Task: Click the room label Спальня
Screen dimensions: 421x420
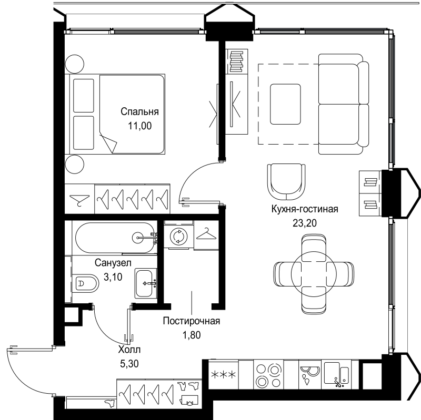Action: [x=139, y=111]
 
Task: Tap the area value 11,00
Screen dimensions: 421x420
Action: [x=139, y=126]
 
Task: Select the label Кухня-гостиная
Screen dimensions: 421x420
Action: [x=305, y=209]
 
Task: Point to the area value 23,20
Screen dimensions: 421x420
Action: [x=305, y=223]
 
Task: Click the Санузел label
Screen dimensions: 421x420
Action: [x=113, y=263]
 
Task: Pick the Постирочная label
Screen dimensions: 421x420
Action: [x=192, y=321]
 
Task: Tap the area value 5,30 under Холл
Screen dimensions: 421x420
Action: [x=129, y=364]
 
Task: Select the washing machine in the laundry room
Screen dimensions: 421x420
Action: [x=178, y=237]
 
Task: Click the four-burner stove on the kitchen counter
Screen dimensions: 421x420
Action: [x=268, y=375]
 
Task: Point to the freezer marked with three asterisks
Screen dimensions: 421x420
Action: [x=224, y=374]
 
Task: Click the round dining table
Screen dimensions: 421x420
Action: [x=314, y=274]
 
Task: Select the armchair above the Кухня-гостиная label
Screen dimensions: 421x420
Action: [x=286, y=181]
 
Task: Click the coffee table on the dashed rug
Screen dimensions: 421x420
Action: [x=285, y=104]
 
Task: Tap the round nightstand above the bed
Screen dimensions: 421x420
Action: [x=75, y=64]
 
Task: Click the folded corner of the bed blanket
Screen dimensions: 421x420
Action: [x=109, y=142]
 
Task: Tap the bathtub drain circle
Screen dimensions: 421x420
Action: [x=138, y=238]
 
